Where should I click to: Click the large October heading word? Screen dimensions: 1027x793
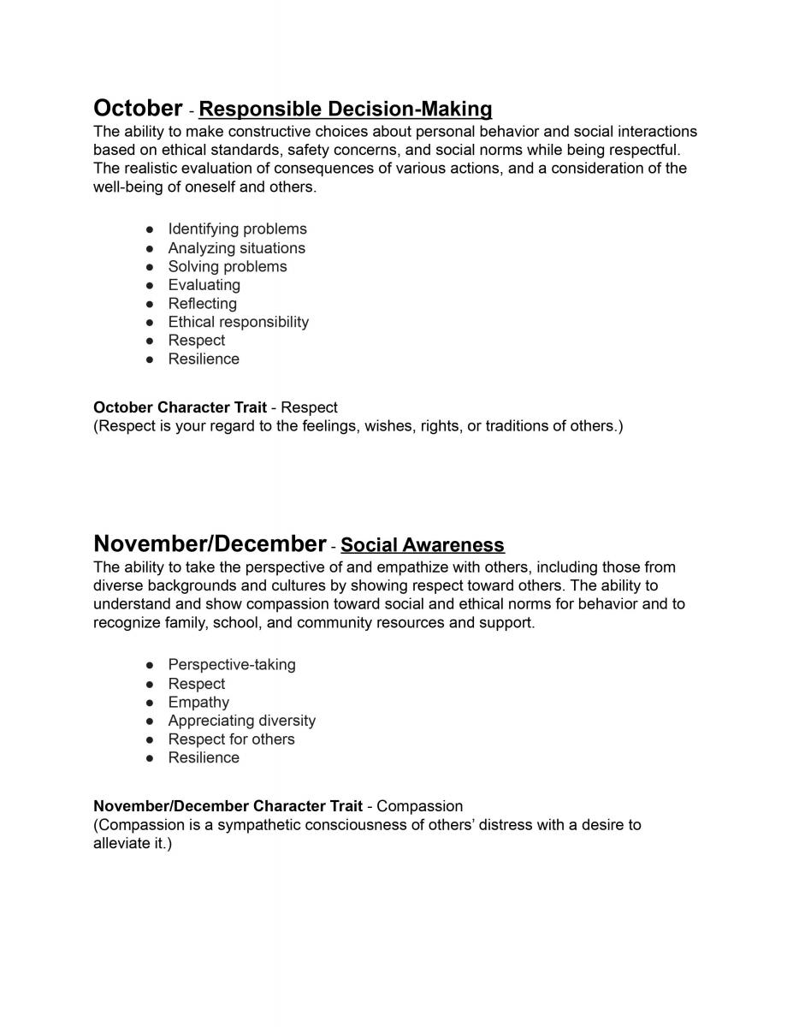tap(138, 109)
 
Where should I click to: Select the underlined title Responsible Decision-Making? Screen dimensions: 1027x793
tap(345, 110)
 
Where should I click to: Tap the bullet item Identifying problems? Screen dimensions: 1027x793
tap(237, 229)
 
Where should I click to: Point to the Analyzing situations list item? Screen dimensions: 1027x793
tap(236, 248)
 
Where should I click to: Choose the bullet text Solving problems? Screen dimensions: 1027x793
tap(228, 267)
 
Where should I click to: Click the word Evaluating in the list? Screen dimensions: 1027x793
tap(204, 285)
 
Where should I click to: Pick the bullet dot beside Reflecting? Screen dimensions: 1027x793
tap(150, 304)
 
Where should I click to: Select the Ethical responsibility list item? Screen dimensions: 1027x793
tap(238, 323)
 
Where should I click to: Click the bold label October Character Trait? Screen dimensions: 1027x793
tap(180, 407)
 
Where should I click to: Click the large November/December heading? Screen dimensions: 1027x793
tap(210, 544)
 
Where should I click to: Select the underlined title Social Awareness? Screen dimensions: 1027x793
tap(423, 545)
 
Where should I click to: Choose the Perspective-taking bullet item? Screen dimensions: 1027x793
tap(232, 665)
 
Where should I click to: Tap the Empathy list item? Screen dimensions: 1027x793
tap(198, 703)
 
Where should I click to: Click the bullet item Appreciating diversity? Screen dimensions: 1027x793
tap(241, 721)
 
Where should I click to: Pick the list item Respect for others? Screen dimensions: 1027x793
tap(231, 739)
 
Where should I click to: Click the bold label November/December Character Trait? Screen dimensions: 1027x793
tap(228, 806)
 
